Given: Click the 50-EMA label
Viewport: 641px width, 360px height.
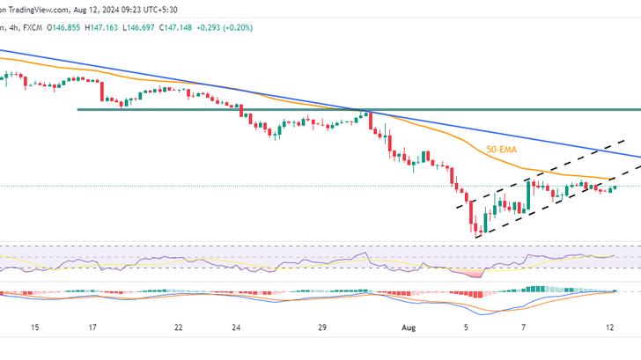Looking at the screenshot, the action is click(501, 150).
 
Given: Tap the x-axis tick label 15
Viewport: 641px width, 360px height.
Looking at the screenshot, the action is click(34, 327).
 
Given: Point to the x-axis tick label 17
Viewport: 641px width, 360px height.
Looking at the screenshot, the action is click(92, 327).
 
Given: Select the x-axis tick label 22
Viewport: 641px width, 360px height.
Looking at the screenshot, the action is click(178, 327).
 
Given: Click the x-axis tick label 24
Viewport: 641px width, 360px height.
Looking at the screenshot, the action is click(236, 327).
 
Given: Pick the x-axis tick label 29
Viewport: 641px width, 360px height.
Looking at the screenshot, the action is click(322, 327).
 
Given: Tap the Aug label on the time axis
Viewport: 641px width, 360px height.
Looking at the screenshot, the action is click(409, 327).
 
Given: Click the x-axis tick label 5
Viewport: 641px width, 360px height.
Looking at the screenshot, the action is click(466, 327).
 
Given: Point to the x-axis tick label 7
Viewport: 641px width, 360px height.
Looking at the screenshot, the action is click(524, 327).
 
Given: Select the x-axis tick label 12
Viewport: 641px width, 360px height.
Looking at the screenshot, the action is click(610, 327).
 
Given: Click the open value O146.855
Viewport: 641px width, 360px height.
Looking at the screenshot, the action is click(63, 28).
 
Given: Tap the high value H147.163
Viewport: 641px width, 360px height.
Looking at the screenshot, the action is click(101, 28).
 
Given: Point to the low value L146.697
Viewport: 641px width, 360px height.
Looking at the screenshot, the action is click(138, 28).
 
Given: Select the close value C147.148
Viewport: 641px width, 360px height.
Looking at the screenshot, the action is click(175, 28).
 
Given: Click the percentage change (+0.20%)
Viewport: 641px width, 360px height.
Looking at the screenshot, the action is click(238, 28).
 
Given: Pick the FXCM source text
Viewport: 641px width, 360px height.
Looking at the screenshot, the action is click(33, 28).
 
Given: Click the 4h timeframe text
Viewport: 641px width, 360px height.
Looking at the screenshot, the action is click(13, 28).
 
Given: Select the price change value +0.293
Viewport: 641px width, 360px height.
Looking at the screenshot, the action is click(207, 28).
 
